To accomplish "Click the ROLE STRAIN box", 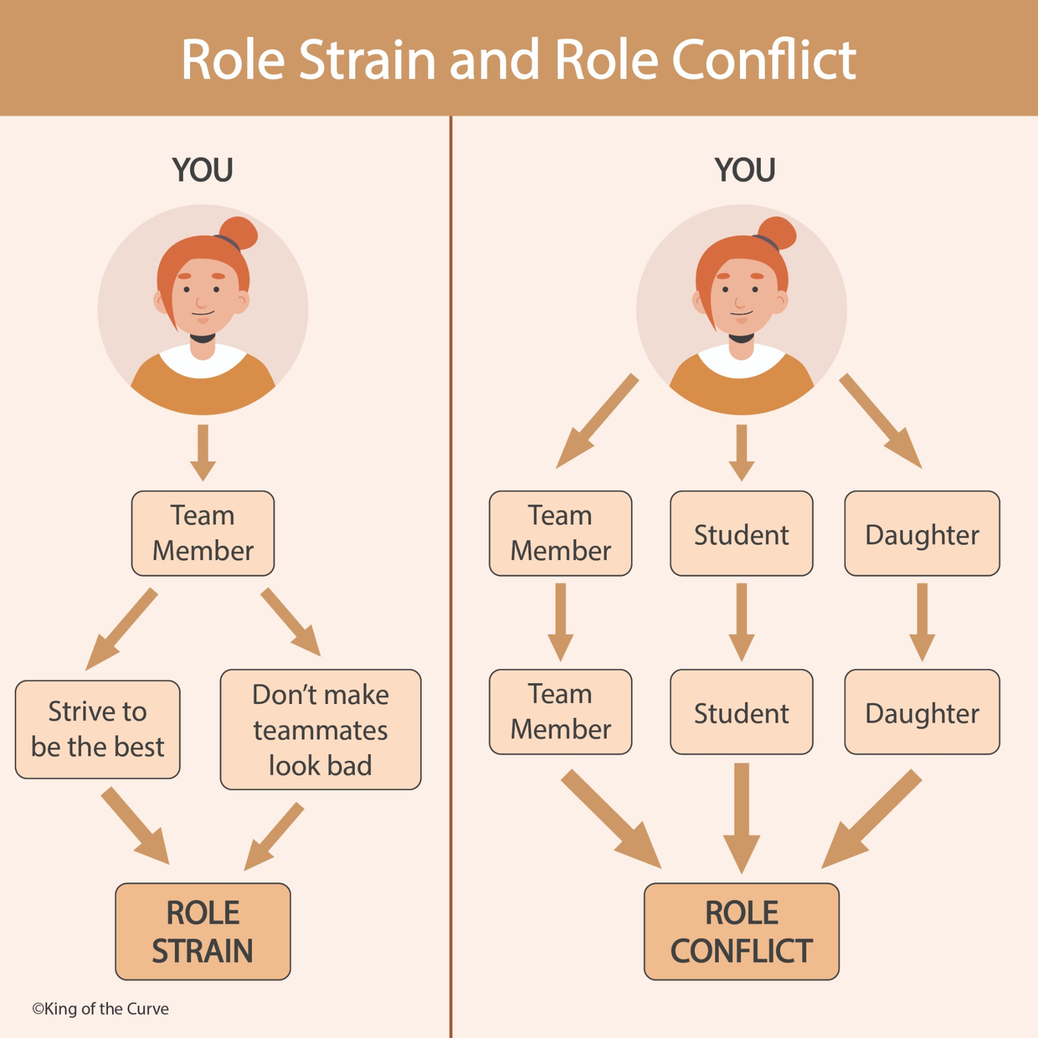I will [x=203, y=931].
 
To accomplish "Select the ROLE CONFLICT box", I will [x=741, y=931].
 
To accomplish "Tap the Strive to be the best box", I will [x=97, y=729].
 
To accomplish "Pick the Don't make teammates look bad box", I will [x=320, y=729].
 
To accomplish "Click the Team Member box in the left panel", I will [x=203, y=533].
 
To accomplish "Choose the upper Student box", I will [x=741, y=534].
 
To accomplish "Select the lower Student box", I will [x=741, y=712].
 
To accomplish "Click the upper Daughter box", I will [x=922, y=534].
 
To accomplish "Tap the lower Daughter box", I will [x=922, y=712].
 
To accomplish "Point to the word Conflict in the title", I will [x=764, y=59].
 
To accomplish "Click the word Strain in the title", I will [x=367, y=59].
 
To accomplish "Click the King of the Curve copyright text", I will [x=101, y=1008].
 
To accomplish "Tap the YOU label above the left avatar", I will [x=202, y=170].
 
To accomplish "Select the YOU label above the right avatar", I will [x=745, y=170].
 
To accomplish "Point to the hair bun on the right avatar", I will [x=778, y=233].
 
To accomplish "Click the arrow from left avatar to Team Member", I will [x=203, y=452].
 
